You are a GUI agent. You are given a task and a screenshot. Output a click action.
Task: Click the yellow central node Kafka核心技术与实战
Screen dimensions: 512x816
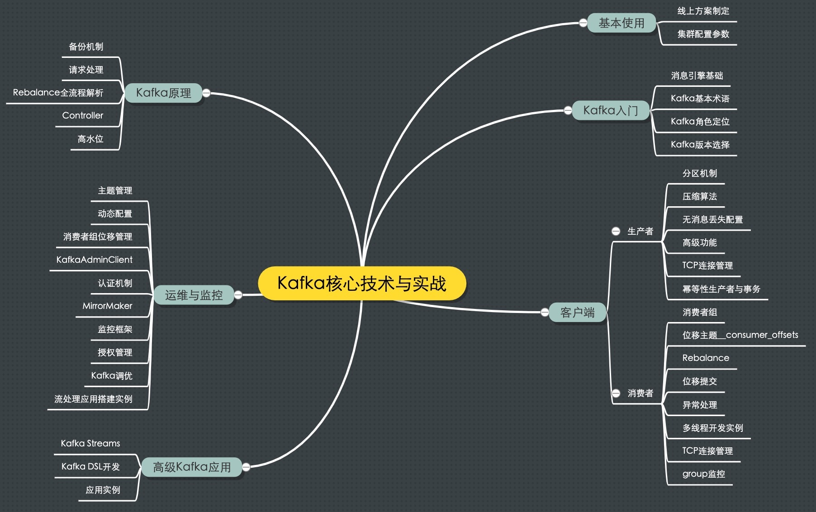362,284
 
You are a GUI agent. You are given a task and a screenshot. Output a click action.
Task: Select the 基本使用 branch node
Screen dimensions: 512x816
621,23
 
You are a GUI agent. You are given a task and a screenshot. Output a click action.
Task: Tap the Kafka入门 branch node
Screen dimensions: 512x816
610,110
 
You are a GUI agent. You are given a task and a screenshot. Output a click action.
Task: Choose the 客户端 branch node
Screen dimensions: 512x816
577,313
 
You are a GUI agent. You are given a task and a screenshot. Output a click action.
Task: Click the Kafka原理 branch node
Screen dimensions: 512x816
163,93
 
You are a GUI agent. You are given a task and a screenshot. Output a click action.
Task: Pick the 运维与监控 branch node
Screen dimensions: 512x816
194,295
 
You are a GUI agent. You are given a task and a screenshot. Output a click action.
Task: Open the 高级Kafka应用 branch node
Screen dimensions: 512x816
192,467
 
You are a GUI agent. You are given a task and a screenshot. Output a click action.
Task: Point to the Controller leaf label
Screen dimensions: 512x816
83,116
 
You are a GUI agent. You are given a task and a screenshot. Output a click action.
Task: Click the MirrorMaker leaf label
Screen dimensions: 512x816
107,306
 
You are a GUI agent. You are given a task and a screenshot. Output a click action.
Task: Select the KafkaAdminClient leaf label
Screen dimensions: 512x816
94,260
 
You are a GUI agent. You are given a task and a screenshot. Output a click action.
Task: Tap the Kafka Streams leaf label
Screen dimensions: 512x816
90,444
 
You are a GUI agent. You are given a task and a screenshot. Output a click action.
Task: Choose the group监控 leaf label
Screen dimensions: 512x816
703,474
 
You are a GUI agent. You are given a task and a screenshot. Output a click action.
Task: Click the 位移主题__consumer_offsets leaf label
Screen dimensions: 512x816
740,335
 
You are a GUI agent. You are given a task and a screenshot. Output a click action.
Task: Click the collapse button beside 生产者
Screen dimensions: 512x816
616,232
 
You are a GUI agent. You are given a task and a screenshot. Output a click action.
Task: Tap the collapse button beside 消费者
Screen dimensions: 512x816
616,393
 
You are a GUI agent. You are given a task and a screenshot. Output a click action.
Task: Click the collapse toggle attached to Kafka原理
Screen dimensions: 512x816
206,93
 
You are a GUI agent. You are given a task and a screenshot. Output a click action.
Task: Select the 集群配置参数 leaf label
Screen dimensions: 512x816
703,34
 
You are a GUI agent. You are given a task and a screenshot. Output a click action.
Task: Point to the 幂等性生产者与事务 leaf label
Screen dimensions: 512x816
721,289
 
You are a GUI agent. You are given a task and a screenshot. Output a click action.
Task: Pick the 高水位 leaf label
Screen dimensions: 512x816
90,139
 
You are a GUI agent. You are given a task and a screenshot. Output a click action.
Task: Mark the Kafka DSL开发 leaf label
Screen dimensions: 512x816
90,467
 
